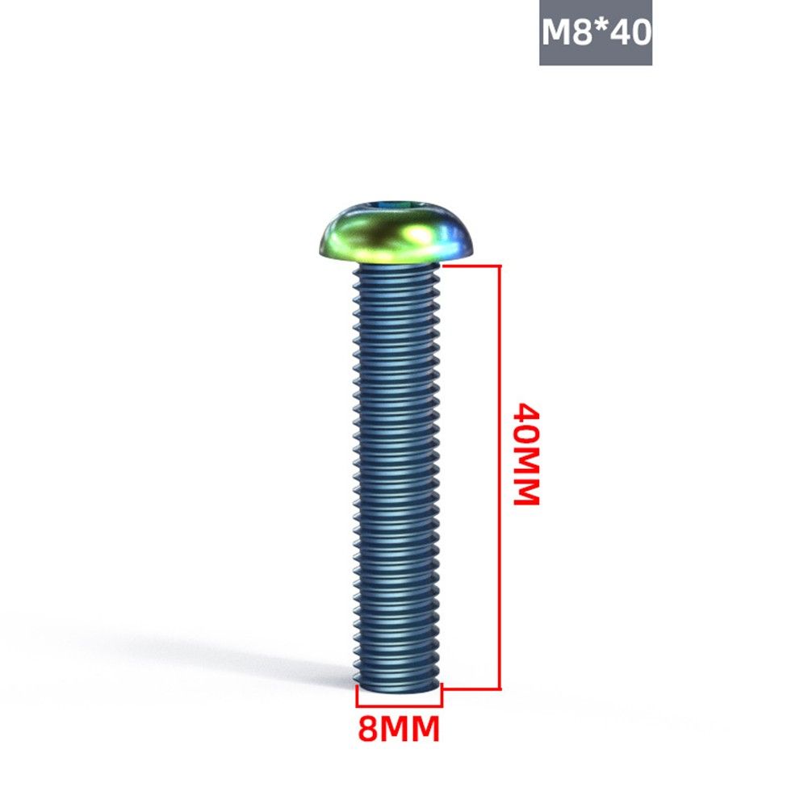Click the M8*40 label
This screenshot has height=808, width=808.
pyautogui.click(x=597, y=32)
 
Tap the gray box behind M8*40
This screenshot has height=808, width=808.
pyautogui.click(x=596, y=32)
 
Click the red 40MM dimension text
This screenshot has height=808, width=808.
pyautogui.click(x=526, y=454)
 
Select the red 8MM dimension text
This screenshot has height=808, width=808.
pyautogui.click(x=399, y=729)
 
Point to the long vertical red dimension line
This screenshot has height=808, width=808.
pyautogui.click(x=500, y=477)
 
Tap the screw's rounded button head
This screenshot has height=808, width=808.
pyautogui.click(x=396, y=231)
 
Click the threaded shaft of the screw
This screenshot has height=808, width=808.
pyautogui.click(x=397, y=474)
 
